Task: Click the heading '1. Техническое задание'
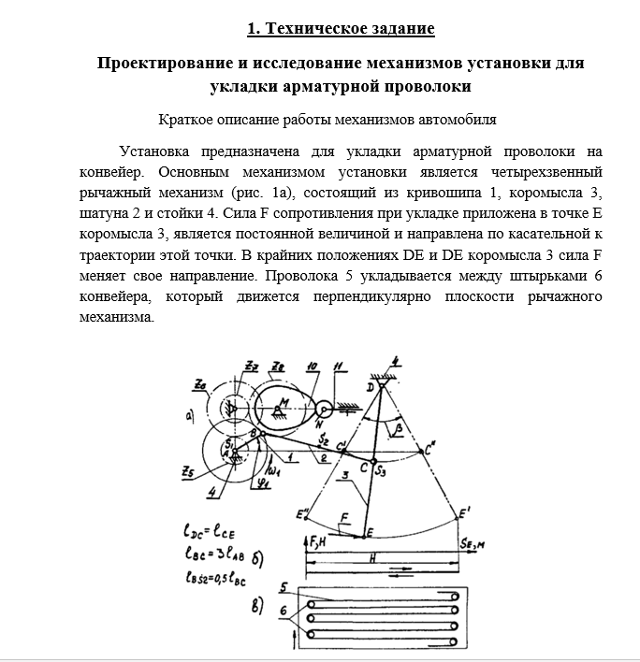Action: (341, 28)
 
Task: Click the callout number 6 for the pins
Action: (281, 609)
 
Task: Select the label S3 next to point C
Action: (381, 473)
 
